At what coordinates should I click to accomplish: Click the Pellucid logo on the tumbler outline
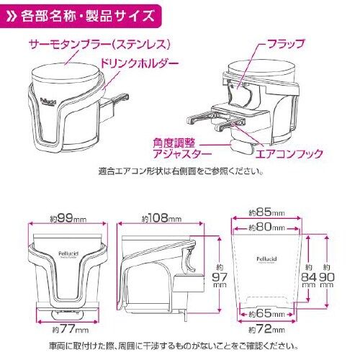(266, 256)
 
